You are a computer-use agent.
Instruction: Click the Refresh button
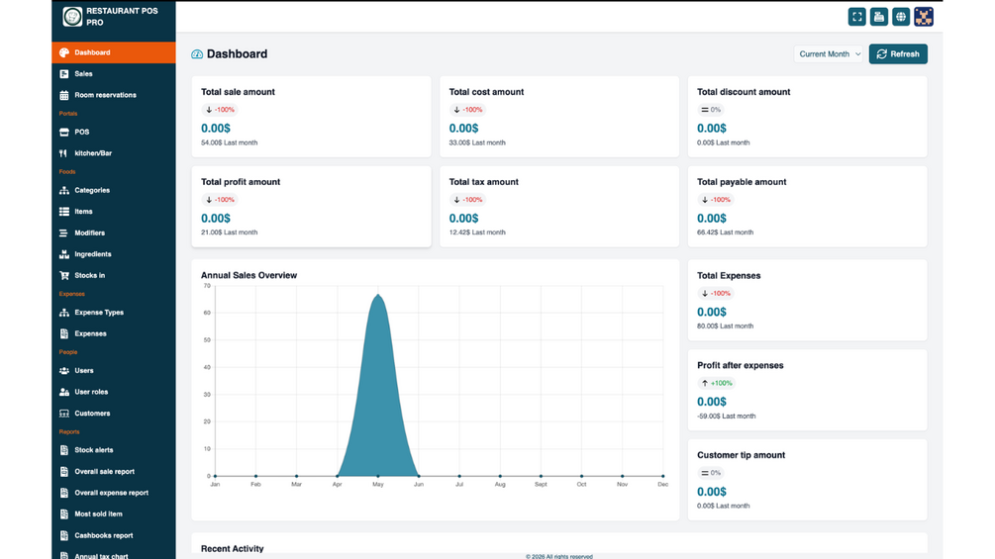point(898,53)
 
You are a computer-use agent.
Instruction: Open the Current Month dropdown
point(829,53)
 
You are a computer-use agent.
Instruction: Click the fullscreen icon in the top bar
point(856,17)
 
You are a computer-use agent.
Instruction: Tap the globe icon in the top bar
point(900,17)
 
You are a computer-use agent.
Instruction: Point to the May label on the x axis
point(378,484)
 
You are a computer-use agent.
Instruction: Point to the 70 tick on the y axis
point(207,286)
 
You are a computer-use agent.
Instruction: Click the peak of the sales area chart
point(378,295)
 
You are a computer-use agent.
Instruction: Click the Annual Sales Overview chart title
point(249,275)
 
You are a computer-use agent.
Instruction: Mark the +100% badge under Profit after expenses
point(717,383)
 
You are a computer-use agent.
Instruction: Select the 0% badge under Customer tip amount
point(711,473)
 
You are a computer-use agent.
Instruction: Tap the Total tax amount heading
point(483,182)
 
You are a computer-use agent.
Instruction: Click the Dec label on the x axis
point(663,484)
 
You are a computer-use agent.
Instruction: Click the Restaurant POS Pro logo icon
point(72,17)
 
